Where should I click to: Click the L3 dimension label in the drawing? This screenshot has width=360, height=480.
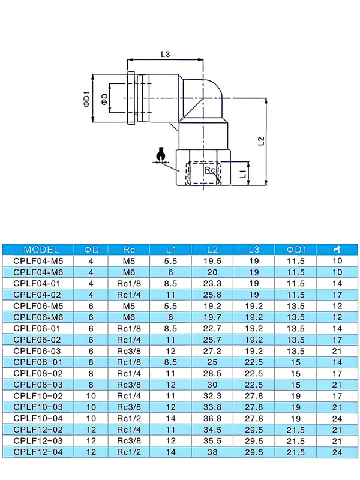tap(166, 54)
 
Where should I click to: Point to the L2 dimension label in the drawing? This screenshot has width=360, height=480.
tap(261, 141)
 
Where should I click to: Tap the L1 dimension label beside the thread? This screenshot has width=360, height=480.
tap(243, 174)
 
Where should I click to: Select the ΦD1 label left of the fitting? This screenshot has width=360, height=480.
tap(86, 98)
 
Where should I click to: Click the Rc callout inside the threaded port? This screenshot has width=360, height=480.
tap(209, 170)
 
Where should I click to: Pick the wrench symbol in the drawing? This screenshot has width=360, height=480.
tap(160, 155)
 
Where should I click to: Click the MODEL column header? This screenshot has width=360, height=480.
tap(41, 250)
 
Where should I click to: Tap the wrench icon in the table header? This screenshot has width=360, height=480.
tap(337, 250)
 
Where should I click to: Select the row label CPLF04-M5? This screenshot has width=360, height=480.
tap(38, 261)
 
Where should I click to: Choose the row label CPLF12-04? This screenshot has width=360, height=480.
tap(38, 452)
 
